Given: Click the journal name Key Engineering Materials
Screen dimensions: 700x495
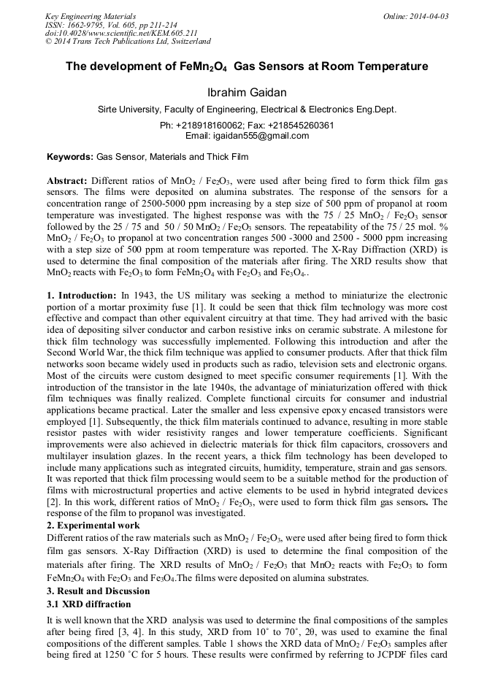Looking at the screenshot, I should point(91,15).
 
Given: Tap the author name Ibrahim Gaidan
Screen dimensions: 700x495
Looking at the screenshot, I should point(247,92).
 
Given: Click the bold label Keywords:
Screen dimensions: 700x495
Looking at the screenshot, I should point(70,157).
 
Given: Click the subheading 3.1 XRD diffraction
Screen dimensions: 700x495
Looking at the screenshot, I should point(88,604).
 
